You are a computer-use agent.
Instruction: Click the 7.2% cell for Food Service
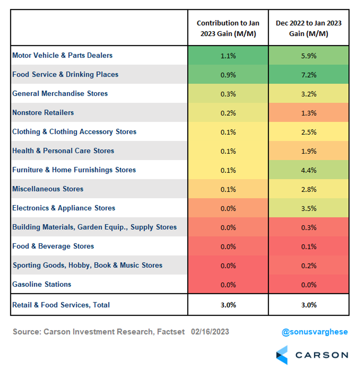point(309,75)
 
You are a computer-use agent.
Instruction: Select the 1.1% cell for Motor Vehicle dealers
point(228,55)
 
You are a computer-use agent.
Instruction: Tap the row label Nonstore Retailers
point(43,113)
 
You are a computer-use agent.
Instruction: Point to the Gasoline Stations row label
point(42,284)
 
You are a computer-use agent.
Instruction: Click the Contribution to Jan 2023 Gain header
point(228,28)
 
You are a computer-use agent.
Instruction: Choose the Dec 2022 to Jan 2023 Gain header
point(309,28)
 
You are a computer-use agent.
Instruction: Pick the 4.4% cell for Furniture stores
point(309,170)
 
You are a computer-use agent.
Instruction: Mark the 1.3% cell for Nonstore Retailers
point(309,113)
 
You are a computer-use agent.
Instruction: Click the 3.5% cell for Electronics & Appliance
point(309,208)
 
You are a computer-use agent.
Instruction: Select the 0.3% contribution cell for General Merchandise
point(228,94)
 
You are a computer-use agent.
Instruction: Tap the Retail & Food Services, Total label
point(61,305)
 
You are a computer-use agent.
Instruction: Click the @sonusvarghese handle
point(314,332)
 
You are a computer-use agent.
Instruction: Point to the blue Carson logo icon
point(282,355)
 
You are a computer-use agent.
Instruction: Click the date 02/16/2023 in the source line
point(210,332)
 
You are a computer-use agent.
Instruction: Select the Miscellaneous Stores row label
point(48,189)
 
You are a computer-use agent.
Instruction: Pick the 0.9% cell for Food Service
point(228,75)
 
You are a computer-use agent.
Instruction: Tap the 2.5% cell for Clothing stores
point(309,132)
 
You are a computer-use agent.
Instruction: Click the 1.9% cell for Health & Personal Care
point(309,151)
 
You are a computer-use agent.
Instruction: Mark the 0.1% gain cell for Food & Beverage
point(309,246)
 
